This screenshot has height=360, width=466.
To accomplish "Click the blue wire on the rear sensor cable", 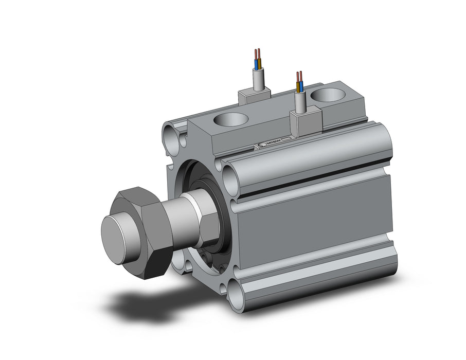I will pos(256,64).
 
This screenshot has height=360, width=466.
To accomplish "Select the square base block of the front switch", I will pos(306,122).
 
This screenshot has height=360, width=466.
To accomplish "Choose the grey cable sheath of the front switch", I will pos(301,102).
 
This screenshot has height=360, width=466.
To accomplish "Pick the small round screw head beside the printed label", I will pos(263,145).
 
